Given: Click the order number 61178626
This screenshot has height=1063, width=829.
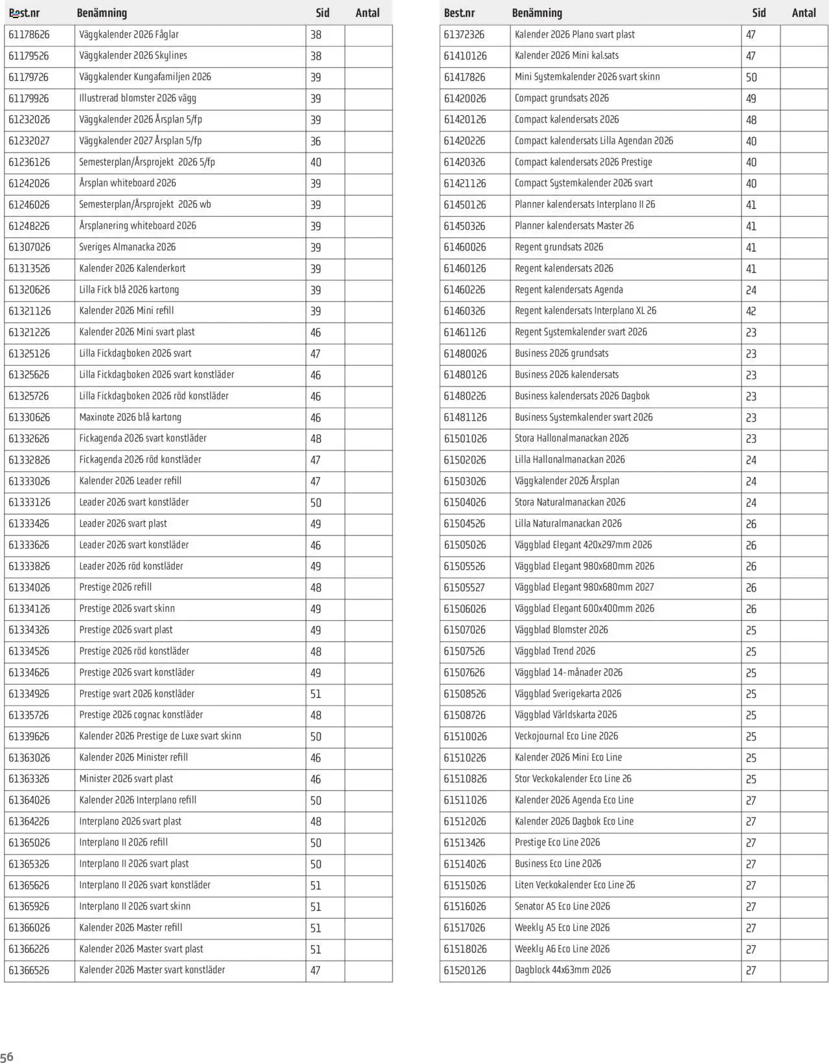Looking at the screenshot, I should pyautogui.click(x=29, y=35).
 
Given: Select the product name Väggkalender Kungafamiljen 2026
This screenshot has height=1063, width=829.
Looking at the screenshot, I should pyautogui.click(x=145, y=77).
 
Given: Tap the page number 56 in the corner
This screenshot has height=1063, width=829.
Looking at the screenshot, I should pyautogui.click(x=6, y=1056).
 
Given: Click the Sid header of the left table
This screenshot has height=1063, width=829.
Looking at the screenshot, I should pyautogui.click(x=323, y=13).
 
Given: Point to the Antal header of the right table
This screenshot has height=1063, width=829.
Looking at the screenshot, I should pyautogui.click(x=804, y=13).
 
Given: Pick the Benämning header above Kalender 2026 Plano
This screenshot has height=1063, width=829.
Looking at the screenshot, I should pyautogui.click(x=537, y=13).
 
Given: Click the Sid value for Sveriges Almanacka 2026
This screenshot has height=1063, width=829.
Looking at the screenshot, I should pyautogui.click(x=315, y=247).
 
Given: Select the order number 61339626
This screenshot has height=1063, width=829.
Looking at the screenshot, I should pyautogui.click(x=29, y=737).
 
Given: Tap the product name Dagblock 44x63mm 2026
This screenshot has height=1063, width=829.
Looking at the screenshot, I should pyautogui.click(x=563, y=970).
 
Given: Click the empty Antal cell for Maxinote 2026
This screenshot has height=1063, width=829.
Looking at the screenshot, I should pyautogui.click(x=368, y=418).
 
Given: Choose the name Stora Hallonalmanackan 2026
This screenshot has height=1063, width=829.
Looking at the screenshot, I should pyautogui.click(x=571, y=439).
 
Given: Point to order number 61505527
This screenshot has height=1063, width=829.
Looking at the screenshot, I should pyautogui.click(x=464, y=588).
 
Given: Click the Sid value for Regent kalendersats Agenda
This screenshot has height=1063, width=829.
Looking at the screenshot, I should pyautogui.click(x=751, y=290).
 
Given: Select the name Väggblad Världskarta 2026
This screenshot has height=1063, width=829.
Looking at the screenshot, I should pyautogui.click(x=566, y=715).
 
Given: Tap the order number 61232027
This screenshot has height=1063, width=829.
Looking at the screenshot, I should pyautogui.click(x=29, y=141).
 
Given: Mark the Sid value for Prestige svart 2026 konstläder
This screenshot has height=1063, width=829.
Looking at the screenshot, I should pyautogui.click(x=315, y=694).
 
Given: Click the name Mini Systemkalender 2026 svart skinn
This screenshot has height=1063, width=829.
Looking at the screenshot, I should pyautogui.click(x=587, y=77).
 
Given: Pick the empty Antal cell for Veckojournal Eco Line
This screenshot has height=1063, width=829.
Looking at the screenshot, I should pyautogui.click(x=804, y=737).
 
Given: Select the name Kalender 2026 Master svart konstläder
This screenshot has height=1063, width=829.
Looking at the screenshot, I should pyautogui.click(x=152, y=970).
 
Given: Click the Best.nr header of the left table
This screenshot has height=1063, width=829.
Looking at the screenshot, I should pyautogui.click(x=24, y=13).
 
